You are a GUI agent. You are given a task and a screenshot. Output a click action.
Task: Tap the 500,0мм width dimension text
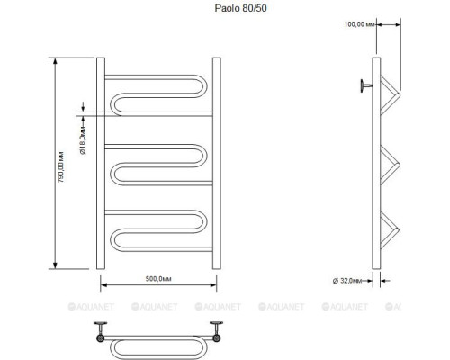[157, 279]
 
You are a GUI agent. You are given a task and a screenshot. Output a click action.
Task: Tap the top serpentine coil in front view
[158, 94]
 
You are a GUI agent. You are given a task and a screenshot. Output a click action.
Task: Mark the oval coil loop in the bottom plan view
[158, 344]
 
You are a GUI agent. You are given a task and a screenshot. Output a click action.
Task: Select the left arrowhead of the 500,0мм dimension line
[103, 287]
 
